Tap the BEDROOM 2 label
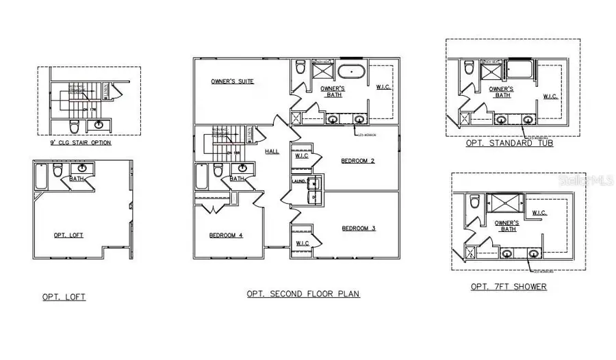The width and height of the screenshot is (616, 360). point(358,161)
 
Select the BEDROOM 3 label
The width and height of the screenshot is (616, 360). point(359,228)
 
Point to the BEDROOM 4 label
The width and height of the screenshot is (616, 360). point(227,235)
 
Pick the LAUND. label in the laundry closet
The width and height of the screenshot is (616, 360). point(298,181)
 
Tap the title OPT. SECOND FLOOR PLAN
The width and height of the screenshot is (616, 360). point(303,294)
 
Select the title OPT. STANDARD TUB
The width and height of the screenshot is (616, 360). point(510,144)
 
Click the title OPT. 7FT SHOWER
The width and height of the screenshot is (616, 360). point(509,286)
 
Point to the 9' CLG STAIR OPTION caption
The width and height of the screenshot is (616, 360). point(76,143)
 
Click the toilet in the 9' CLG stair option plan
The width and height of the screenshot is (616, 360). point(74,126)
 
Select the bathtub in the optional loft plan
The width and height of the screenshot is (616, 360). point(41,176)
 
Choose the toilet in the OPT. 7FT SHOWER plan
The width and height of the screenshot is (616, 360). point(473,203)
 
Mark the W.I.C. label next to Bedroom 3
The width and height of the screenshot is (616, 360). point(302,243)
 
